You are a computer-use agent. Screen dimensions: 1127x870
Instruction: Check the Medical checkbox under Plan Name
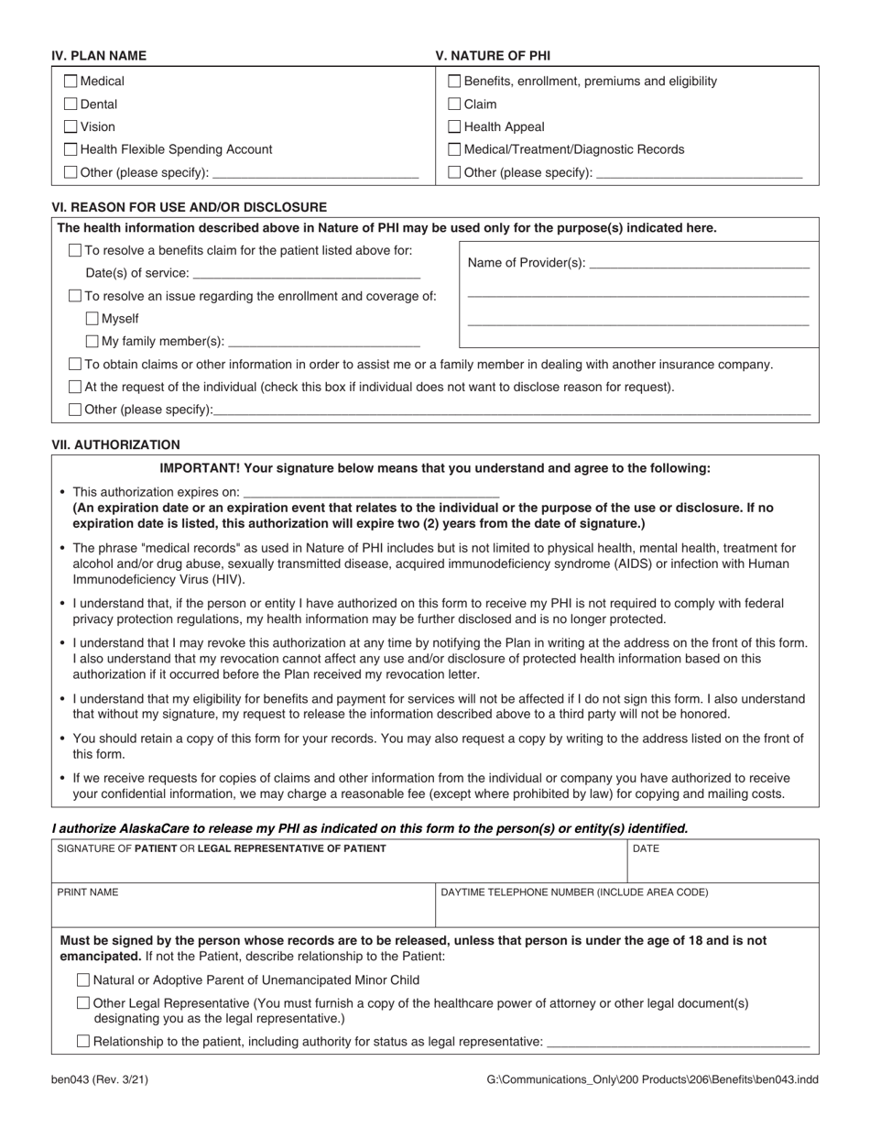click(x=71, y=82)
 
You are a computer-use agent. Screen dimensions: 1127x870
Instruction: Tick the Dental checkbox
click(x=71, y=104)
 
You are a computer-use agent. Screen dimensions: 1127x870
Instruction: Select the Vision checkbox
click(x=71, y=126)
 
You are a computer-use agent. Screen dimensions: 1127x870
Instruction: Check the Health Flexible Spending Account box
click(x=71, y=149)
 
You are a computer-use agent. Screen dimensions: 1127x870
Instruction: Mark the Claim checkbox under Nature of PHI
click(x=455, y=104)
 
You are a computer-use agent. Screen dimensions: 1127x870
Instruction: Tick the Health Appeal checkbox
click(x=455, y=126)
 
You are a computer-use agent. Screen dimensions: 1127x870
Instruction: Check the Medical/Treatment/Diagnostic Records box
click(x=455, y=149)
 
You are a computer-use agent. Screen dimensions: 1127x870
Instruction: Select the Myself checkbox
click(x=92, y=319)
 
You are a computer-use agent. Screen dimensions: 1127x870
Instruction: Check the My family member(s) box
click(x=92, y=341)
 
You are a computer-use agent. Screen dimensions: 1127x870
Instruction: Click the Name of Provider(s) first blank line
click(x=700, y=264)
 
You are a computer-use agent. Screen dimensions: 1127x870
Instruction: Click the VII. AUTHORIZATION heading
click(x=116, y=444)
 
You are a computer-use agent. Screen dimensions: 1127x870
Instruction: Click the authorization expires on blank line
click(x=371, y=493)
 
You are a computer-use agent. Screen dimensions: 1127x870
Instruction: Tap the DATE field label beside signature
click(x=646, y=848)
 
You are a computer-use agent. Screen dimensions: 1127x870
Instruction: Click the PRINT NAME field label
click(x=88, y=892)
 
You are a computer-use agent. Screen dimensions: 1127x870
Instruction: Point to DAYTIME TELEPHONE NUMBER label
click(x=574, y=892)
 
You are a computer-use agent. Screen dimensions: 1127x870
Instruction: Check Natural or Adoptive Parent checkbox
click(x=84, y=979)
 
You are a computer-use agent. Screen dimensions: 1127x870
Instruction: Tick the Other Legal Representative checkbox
click(x=84, y=1003)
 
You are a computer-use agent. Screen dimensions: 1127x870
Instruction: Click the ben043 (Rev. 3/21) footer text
click(x=100, y=1079)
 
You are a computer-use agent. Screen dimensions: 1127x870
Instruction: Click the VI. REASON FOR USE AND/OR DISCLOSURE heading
click(x=190, y=207)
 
